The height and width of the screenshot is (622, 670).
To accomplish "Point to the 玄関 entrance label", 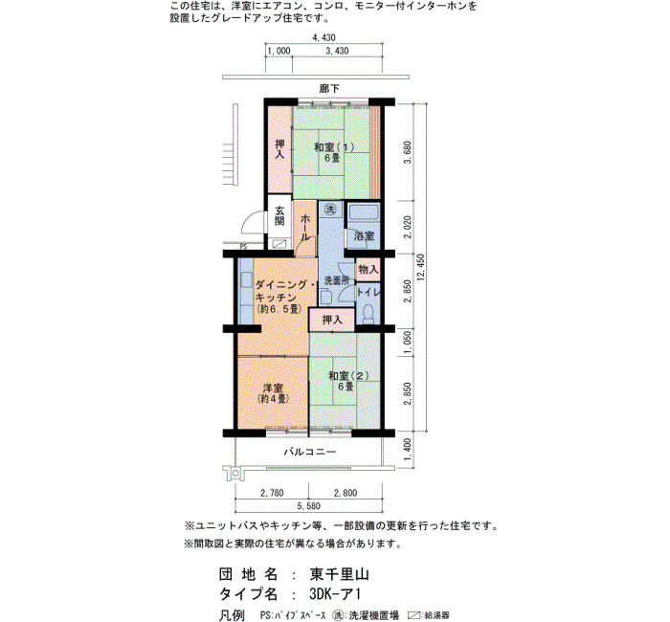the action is point(279,215).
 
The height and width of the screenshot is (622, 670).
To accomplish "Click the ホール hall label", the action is point(305,227).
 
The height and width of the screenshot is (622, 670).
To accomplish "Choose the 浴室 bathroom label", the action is point(364,235).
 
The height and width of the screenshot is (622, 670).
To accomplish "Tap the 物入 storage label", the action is point(368,269).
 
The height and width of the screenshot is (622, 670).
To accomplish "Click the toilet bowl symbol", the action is point(368,314).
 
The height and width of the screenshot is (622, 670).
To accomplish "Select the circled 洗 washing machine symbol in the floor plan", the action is point(330,210).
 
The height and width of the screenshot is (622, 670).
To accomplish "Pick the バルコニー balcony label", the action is point(310,452).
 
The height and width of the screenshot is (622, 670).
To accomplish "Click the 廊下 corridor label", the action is point(329,88).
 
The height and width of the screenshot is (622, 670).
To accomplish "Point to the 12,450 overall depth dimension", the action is point(421,267).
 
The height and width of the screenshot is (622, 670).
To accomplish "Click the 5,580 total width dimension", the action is point(308,506).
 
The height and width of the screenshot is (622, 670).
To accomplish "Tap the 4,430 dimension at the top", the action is point(324,37).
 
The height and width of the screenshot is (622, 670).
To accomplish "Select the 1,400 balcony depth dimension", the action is point(407,450).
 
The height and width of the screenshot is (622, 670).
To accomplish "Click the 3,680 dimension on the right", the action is point(407,152).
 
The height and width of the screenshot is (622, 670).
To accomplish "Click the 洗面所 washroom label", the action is point(337,280).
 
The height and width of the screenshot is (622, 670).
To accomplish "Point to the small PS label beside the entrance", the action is point(243,247).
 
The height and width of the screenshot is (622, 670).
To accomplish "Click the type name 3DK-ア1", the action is point(335,594).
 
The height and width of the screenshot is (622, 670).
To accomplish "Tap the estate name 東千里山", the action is point(339,574).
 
